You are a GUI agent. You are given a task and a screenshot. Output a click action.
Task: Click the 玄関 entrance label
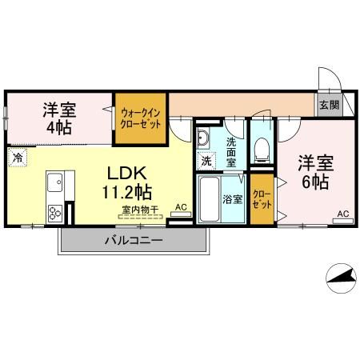[x=329, y=104]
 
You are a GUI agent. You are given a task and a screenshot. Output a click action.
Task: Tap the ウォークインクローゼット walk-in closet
[x=141, y=118]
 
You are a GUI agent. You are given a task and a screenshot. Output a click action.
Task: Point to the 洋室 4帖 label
[x=59, y=117]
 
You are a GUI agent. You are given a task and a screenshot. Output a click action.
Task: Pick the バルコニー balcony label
[x=133, y=241]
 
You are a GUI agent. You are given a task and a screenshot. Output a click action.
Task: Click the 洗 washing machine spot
[x=206, y=161]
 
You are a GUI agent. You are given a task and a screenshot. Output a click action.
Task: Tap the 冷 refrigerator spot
[x=16, y=157]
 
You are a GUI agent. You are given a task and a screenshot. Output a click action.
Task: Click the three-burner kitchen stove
[x=55, y=212]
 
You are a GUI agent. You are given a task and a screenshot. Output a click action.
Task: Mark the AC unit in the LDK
[x=181, y=209]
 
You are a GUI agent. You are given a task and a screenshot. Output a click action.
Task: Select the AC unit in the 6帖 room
[x=342, y=214]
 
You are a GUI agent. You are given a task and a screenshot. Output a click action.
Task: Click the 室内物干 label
[x=141, y=210]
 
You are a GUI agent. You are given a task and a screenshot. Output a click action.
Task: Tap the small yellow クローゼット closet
[x=261, y=198]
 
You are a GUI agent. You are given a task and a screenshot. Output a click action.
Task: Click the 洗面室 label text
[x=231, y=152]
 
